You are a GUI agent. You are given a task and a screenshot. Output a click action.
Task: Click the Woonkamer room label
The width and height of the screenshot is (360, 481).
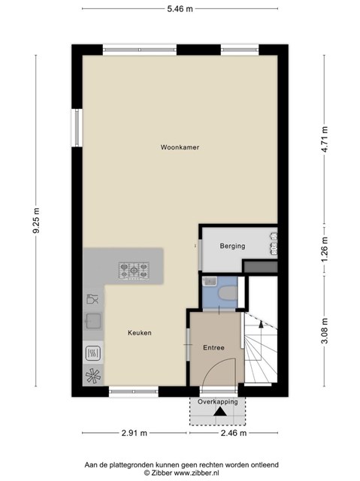(180, 147)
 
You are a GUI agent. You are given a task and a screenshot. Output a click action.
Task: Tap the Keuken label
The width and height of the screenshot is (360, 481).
(140, 333)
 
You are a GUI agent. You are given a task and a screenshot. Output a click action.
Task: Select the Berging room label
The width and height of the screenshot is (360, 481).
(232, 246)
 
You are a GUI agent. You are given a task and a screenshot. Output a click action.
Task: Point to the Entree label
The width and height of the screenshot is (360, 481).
(213, 348)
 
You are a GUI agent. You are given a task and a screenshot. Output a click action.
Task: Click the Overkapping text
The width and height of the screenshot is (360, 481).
(218, 402)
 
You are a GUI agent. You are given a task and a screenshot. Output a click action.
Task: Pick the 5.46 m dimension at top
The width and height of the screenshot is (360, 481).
(180, 9)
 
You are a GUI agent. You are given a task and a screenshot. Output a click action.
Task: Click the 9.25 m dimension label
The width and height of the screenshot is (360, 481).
(36, 220)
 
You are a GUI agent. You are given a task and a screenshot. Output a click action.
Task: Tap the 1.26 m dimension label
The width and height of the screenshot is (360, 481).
(325, 249)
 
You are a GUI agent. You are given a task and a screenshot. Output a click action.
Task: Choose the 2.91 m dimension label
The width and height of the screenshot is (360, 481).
(135, 433)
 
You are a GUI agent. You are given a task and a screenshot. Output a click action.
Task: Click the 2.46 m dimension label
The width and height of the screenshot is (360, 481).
(234, 433)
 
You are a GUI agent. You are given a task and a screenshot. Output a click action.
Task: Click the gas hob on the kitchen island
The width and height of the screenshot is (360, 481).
(134, 271)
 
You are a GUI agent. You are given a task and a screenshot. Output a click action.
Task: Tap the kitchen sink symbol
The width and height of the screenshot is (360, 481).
(93, 321)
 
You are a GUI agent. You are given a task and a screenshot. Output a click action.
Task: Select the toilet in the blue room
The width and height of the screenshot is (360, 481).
(227, 293)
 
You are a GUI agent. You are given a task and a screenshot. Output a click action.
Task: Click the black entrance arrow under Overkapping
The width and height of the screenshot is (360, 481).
(220, 412)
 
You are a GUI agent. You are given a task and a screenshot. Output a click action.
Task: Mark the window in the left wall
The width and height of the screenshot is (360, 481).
(77, 128)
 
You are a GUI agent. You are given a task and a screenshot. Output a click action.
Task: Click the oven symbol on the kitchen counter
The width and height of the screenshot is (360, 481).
(93, 352)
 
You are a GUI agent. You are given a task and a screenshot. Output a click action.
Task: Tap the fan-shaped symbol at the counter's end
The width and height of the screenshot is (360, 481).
(93, 376)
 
